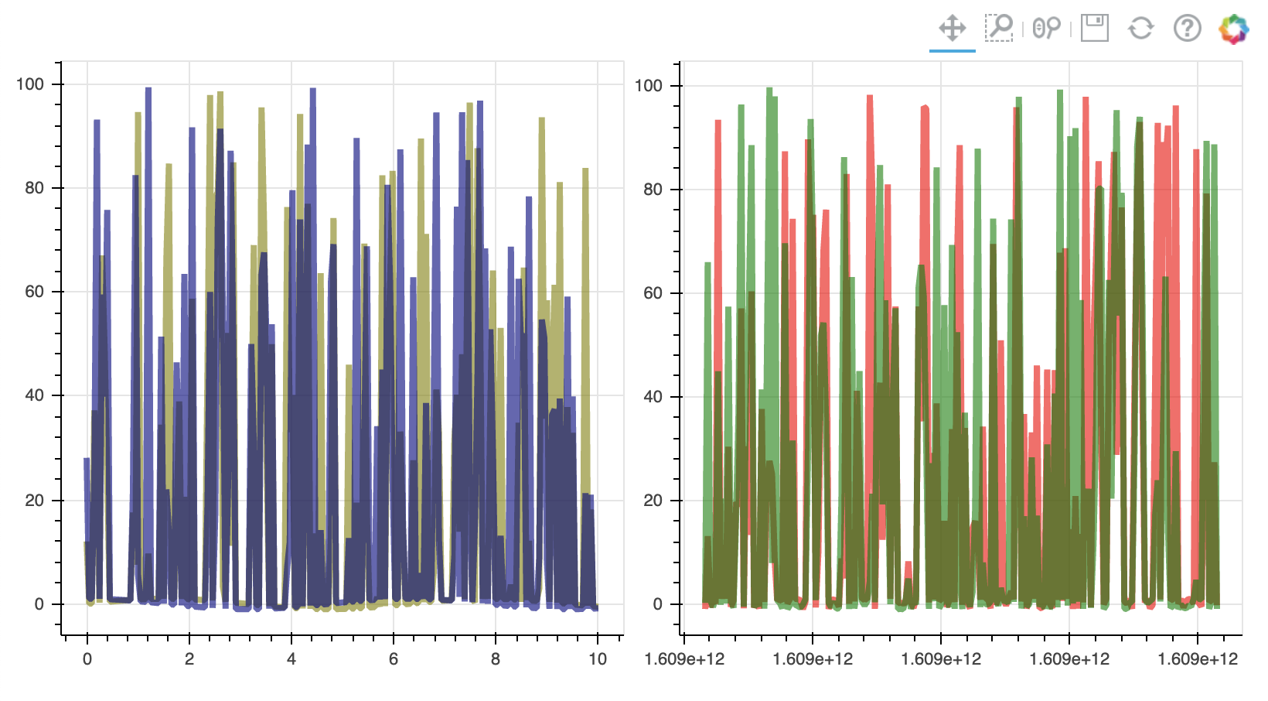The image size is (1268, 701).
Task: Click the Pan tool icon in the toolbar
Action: pyautogui.click(x=953, y=29)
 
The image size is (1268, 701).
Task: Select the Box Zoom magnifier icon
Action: pyautogui.click(x=999, y=29)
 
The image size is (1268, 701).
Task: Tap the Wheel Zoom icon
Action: pyautogui.click(x=1046, y=29)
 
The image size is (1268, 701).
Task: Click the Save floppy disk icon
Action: pyautogui.click(x=1094, y=29)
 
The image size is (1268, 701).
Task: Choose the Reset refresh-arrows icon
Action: pyautogui.click(x=1140, y=29)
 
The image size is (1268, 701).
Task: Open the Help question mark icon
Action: pyautogui.click(x=1187, y=29)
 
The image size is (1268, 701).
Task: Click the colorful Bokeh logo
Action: pyautogui.click(x=1233, y=29)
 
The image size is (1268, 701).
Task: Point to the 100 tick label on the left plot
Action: pyautogui.click(x=30, y=84)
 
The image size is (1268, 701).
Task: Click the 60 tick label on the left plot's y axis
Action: pyautogui.click(x=34, y=292)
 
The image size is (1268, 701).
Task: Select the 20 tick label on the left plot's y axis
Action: pyautogui.click(x=34, y=500)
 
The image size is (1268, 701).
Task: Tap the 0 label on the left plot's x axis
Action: pyautogui.click(x=87, y=659)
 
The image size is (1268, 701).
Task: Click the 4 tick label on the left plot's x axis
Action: pyautogui.click(x=291, y=659)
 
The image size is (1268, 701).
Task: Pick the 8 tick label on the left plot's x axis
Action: pyautogui.click(x=496, y=659)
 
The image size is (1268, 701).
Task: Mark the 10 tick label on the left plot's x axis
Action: pyautogui.click(x=597, y=659)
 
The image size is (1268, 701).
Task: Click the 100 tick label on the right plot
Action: pyautogui.click(x=649, y=86)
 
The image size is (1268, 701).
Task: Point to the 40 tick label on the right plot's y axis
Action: pyautogui.click(x=653, y=397)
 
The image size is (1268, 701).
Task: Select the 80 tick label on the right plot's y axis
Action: pyautogui.click(x=653, y=190)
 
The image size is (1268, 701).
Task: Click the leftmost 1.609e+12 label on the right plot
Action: pyautogui.click(x=684, y=659)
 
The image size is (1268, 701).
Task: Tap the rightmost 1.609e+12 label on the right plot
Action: pyautogui.click(x=1197, y=659)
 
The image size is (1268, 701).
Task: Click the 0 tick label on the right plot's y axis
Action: pyautogui.click(x=657, y=604)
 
